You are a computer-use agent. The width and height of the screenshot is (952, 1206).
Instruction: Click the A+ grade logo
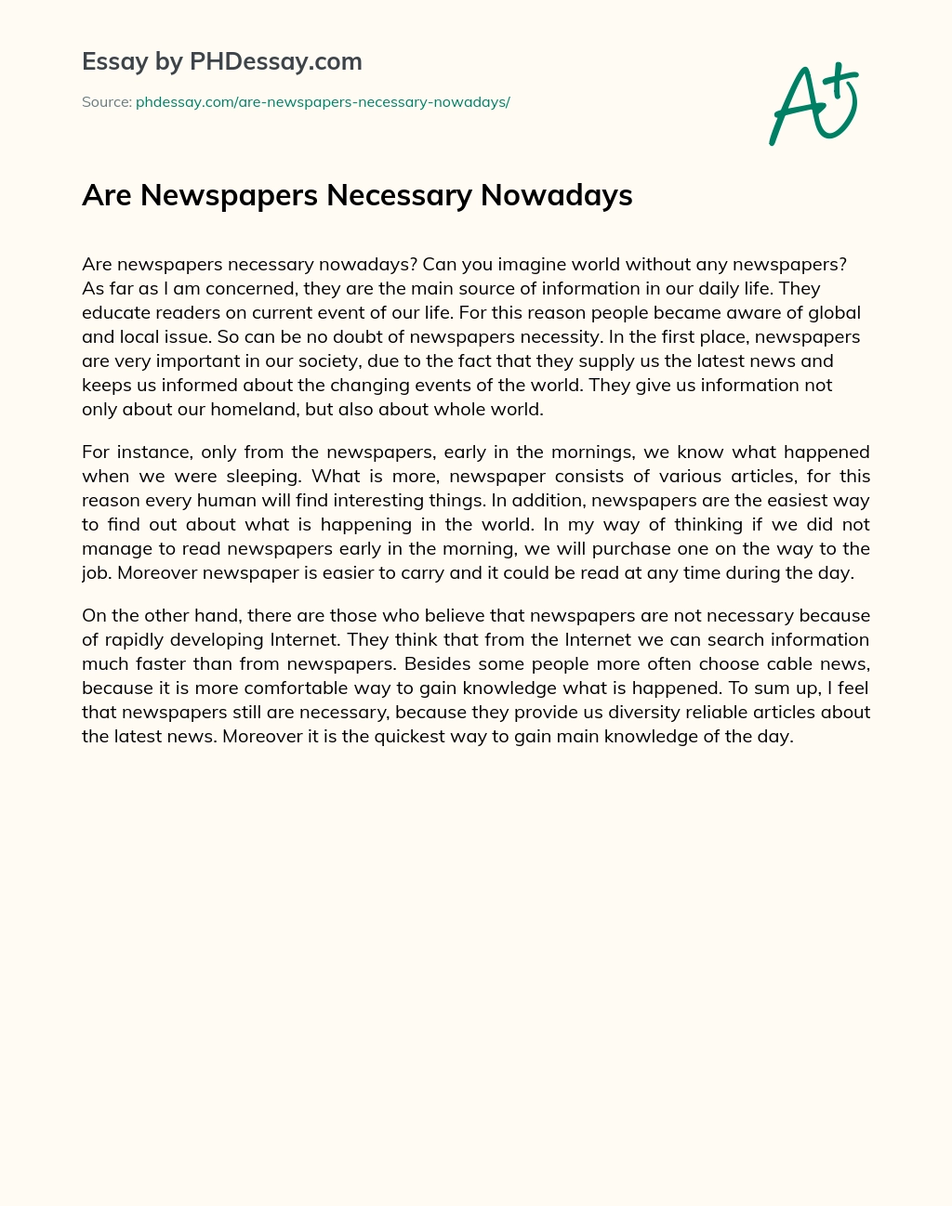(x=813, y=105)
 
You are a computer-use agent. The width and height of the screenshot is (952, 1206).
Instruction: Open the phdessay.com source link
(x=323, y=102)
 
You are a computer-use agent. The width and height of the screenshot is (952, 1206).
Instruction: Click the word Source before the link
(x=105, y=102)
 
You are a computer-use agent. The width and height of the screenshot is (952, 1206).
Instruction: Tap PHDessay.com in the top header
(x=275, y=62)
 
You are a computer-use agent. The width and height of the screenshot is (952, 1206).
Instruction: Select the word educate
(x=116, y=312)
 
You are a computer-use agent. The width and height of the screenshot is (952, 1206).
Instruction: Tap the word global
(x=834, y=312)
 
